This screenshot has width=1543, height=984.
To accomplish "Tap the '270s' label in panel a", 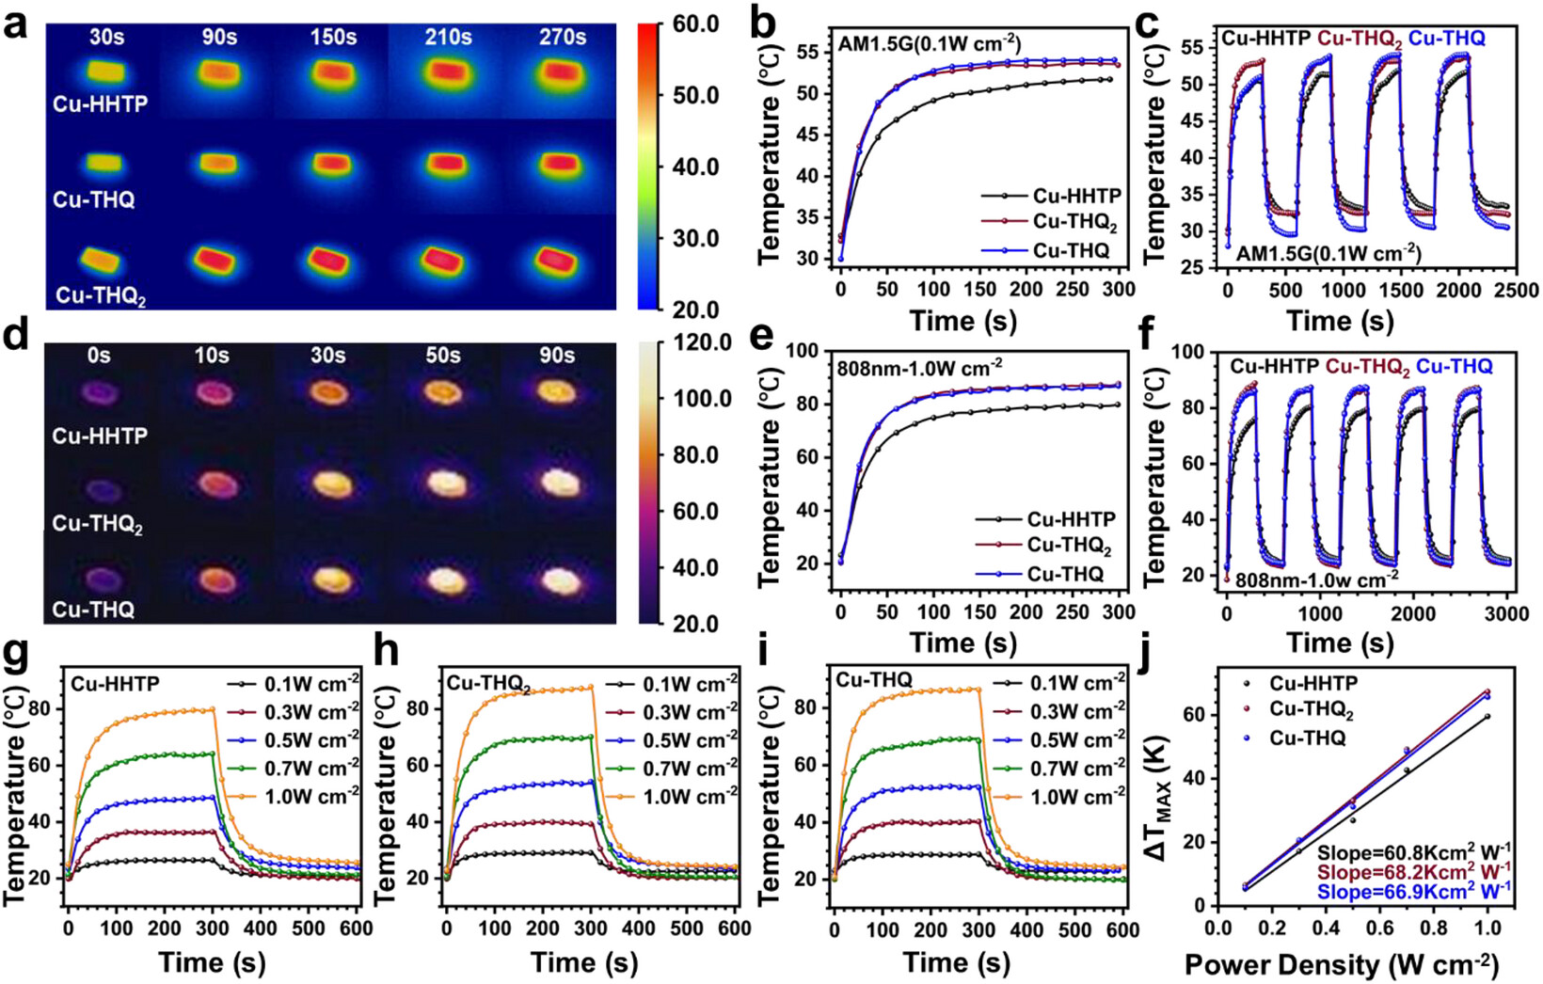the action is point(562,37).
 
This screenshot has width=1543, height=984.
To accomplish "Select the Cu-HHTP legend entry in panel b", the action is point(1051,197).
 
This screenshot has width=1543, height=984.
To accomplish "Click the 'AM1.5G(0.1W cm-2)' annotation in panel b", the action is point(930,44).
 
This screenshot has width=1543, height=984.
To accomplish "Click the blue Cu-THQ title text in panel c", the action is point(1447,38).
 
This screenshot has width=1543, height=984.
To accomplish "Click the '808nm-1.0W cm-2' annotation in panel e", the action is point(919,367).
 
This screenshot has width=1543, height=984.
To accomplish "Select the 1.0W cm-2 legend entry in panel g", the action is point(293,797).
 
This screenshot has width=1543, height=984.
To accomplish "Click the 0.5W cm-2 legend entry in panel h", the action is point(672,740).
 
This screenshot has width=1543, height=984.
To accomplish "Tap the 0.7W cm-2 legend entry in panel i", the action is point(1059,769).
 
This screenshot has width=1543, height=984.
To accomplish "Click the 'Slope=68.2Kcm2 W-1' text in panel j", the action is point(1415,870).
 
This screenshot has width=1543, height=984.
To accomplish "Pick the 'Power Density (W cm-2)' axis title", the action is point(1342,965).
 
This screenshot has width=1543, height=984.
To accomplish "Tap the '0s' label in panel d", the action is point(99,356).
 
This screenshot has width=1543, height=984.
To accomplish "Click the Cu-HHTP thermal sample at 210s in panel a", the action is point(449,72).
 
